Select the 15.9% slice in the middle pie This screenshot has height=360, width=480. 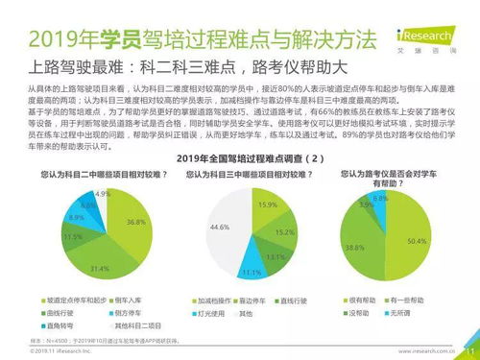(x=268, y=207)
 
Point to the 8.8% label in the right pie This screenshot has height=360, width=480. (x=380, y=198)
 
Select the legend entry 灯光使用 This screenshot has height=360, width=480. (x=213, y=313)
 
